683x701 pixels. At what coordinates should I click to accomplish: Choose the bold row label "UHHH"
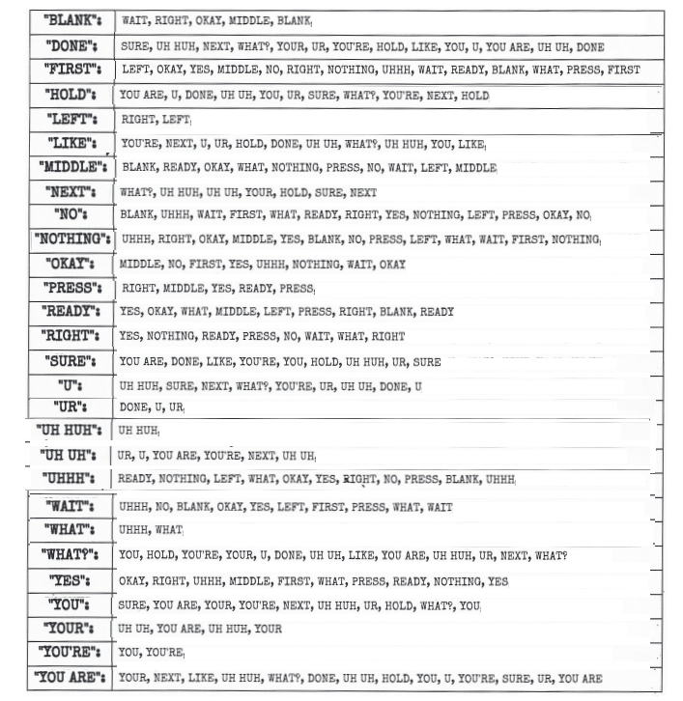click(69, 478)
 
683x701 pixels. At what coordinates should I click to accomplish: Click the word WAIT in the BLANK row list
click(134, 20)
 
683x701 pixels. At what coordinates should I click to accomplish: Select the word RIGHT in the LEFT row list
click(136, 119)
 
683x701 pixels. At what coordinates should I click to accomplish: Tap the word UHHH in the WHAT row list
click(133, 530)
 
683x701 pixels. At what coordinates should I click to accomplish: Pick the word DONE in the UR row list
click(133, 407)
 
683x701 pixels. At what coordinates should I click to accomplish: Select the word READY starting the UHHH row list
click(134, 479)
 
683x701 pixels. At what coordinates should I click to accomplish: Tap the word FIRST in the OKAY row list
click(200, 264)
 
